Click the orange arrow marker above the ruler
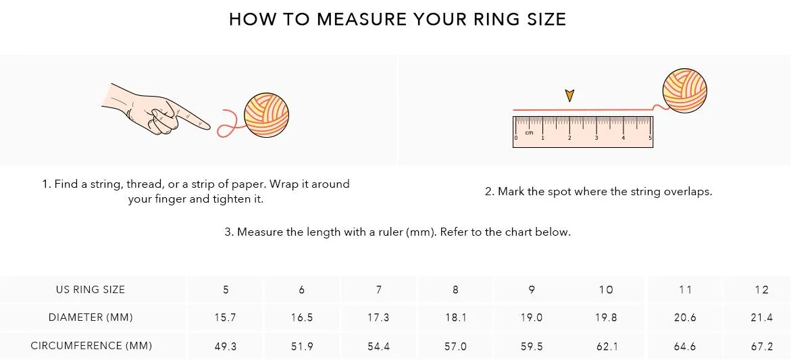(569, 95)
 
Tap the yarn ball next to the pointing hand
(266, 115)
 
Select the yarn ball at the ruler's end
(684, 91)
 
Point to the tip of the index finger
(209, 126)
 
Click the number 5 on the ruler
(650, 138)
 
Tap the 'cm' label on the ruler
(529, 132)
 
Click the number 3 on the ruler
(596, 138)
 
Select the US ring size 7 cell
(378, 289)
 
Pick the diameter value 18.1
(455, 317)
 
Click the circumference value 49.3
(226, 346)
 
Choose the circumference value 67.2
(762, 346)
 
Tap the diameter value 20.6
(685, 317)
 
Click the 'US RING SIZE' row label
(91, 289)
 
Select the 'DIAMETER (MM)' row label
(91, 317)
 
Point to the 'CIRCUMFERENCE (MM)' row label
(91, 346)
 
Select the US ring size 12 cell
(762, 289)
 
